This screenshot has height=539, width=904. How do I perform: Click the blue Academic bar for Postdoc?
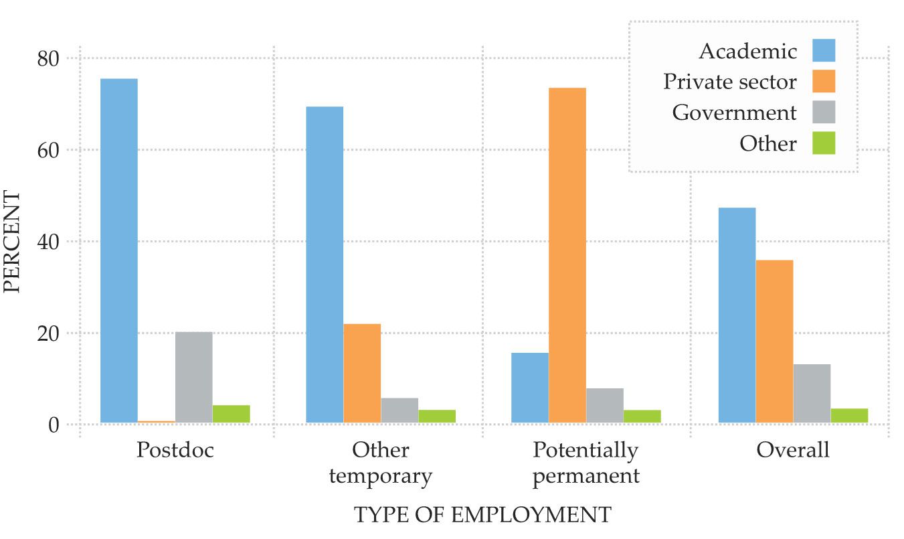pyautogui.click(x=118, y=250)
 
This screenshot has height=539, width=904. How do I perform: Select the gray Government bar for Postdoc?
pyautogui.click(x=193, y=378)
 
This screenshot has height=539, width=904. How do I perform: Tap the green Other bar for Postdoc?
pyautogui.click(x=231, y=414)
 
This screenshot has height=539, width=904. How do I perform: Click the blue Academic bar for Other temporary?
pyautogui.click(x=325, y=264)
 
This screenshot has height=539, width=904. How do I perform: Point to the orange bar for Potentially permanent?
pyautogui.click(x=567, y=255)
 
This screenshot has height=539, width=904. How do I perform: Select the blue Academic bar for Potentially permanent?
pyautogui.click(x=529, y=388)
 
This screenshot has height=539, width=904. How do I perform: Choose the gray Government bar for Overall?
pyautogui.click(x=812, y=393)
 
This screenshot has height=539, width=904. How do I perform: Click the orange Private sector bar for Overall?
pyautogui.click(x=774, y=341)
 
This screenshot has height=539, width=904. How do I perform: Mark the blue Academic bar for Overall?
pyautogui.click(x=737, y=315)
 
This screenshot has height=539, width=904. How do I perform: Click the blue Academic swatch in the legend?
pyautogui.click(x=824, y=50)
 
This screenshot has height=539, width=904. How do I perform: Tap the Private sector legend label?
pyautogui.click(x=730, y=82)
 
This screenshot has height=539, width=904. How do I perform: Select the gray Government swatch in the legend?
pyautogui.click(x=824, y=112)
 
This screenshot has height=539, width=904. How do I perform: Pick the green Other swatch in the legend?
pyautogui.click(x=824, y=143)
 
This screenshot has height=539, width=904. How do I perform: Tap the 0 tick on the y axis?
pyautogui.click(x=53, y=425)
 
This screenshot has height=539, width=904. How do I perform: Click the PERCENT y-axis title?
pyautogui.click(x=12, y=242)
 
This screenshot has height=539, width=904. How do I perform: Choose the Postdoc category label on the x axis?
pyautogui.click(x=175, y=450)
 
